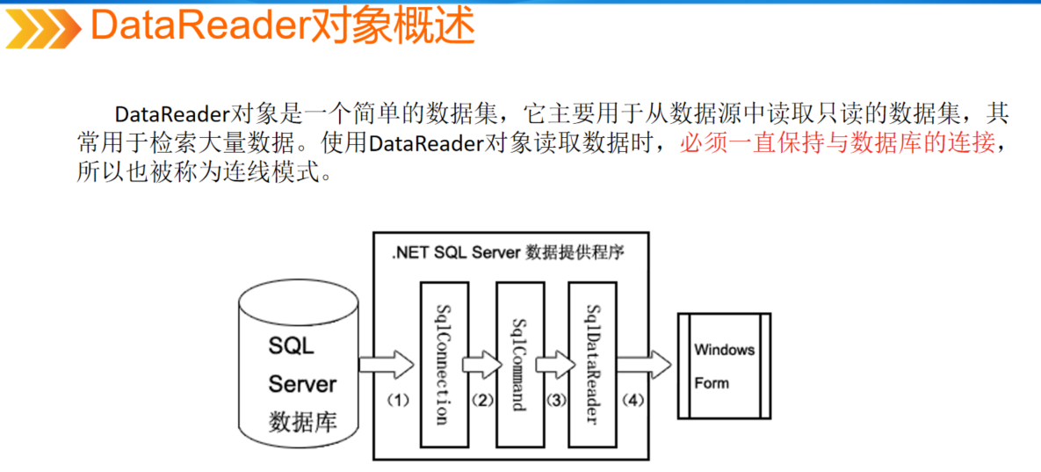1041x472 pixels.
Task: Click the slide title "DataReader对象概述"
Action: click(282, 27)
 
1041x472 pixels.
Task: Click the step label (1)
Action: click(399, 400)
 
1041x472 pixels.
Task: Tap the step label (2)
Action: click(481, 400)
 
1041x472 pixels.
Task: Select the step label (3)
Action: click(555, 400)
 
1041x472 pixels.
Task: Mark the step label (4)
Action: click(633, 400)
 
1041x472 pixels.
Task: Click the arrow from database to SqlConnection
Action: click(387, 363)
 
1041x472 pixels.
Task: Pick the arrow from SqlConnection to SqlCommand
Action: click(481, 363)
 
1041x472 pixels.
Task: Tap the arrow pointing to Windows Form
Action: click(643, 363)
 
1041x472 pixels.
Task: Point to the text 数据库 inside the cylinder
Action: click(301, 422)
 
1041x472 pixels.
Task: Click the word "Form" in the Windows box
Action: click(712, 383)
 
